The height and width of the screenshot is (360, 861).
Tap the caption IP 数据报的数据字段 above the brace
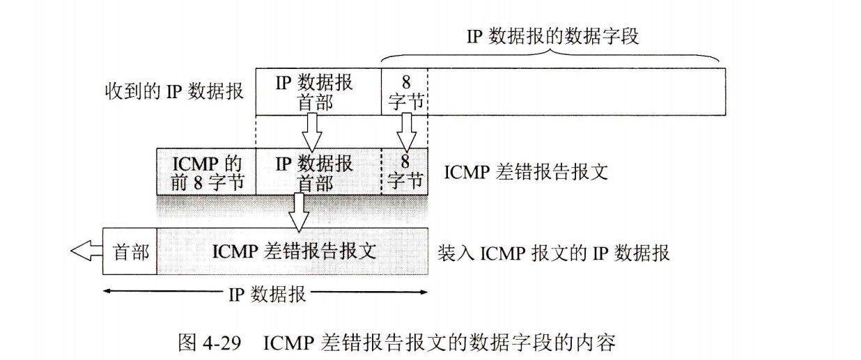(552, 36)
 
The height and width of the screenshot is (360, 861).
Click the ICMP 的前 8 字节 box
(206, 172)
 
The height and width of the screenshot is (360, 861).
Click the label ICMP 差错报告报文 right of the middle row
(526, 172)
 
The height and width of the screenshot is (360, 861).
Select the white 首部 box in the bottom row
(131, 251)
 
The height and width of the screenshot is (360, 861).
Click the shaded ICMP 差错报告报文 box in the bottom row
(293, 251)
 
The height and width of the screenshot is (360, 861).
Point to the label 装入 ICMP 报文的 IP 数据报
(553, 252)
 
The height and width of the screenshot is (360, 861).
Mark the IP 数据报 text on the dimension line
(267, 293)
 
